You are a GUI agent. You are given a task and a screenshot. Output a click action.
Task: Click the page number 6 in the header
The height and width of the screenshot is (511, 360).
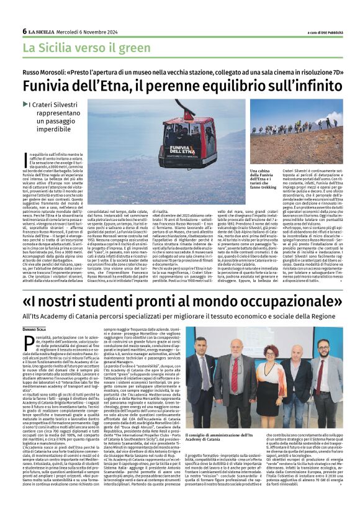25,31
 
